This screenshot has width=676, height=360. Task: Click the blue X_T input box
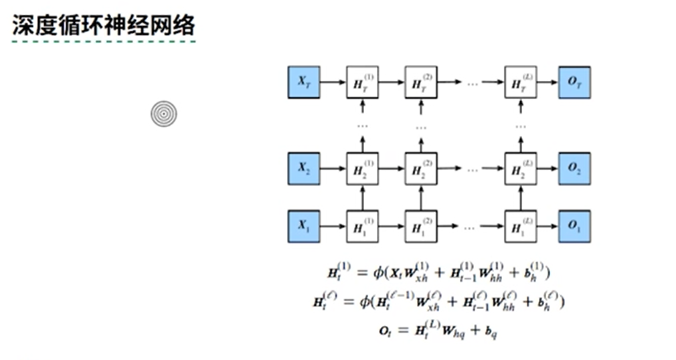[304, 83]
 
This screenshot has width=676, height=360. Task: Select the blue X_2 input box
[304, 169]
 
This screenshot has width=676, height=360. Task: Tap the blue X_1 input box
[304, 226]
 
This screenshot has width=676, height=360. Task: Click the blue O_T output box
[574, 83]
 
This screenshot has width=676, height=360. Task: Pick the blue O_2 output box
[574, 169]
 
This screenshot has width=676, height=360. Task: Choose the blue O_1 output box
[574, 226]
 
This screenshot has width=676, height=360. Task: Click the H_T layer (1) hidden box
[362, 83]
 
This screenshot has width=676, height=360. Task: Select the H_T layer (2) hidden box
[420, 83]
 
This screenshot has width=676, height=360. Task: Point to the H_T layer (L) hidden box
[521, 83]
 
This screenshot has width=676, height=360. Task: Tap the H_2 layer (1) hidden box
[362, 169]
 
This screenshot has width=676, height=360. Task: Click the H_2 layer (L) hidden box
[521, 169]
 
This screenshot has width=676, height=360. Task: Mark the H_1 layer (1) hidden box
[362, 226]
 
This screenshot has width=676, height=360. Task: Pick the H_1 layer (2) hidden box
[420, 226]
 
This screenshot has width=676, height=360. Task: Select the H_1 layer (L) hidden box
[521, 226]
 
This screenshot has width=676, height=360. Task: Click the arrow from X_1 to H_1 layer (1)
[333, 226]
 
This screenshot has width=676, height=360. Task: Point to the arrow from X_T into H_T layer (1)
[333, 83]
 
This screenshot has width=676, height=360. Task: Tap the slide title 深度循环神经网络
[104, 26]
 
